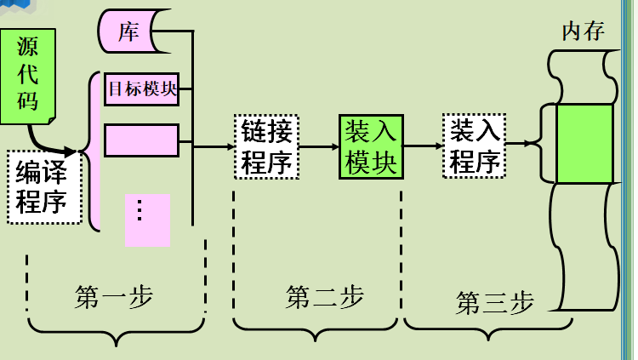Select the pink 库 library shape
[129, 32]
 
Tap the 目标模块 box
[141, 89]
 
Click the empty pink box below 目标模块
[141, 140]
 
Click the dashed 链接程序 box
[267, 146]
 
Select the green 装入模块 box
[371, 146]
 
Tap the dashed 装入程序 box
[475, 146]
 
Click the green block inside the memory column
[584, 143]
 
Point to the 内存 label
[583, 32]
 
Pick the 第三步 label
[494, 302]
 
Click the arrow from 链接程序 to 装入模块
[319, 146]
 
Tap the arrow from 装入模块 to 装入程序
[423, 146]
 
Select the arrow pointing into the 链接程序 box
[214, 146]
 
